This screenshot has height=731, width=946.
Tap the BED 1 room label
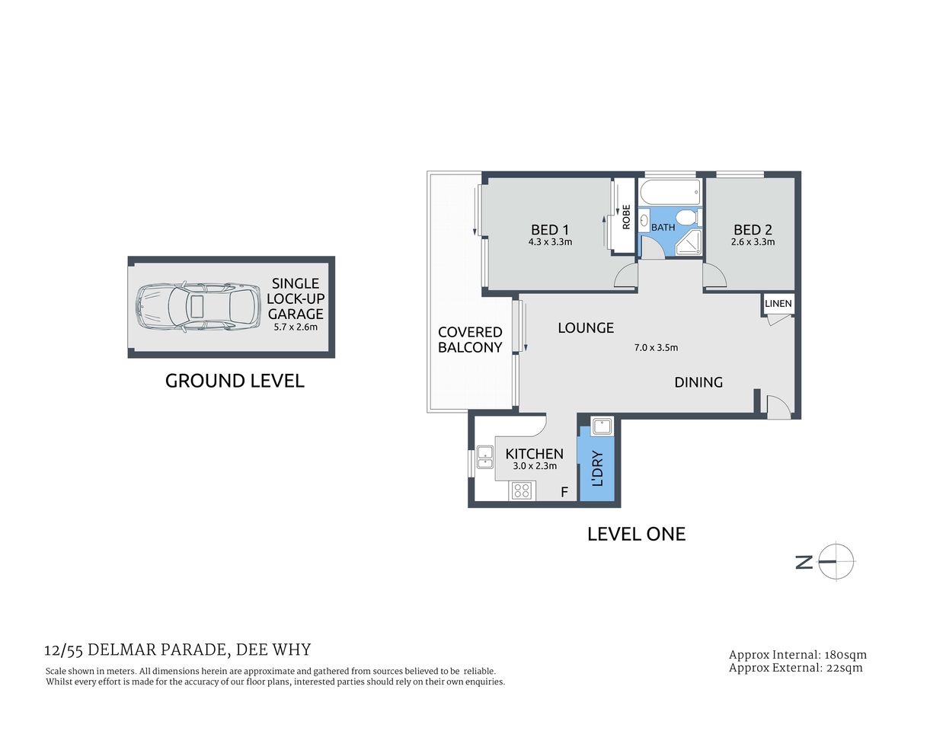pyautogui.click(x=550, y=230)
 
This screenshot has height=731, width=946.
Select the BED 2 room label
pyautogui.click(x=753, y=230)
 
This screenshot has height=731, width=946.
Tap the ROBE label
pyautogui.click(x=626, y=217)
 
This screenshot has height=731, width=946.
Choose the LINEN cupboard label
pyautogui.click(x=778, y=303)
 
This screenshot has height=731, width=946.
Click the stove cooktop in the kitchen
pyautogui.click(x=522, y=490)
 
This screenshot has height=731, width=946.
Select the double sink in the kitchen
pyautogui.click(x=484, y=457)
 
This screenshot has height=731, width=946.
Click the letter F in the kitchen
pyautogui.click(x=564, y=492)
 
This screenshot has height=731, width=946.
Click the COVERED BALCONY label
pyautogui.click(x=470, y=340)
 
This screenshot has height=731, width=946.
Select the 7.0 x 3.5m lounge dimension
pyautogui.click(x=656, y=347)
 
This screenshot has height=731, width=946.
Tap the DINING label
pyautogui.click(x=698, y=382)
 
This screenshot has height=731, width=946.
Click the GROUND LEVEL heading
pyautogui.click(x=235, y=381)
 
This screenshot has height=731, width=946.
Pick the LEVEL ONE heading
pyautogui.click(x=636, y=534)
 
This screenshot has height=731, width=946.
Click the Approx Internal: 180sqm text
pyautogui.click(x=797, y=655)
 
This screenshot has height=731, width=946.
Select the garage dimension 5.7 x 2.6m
pyautogui.click(x=296, y=327)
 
